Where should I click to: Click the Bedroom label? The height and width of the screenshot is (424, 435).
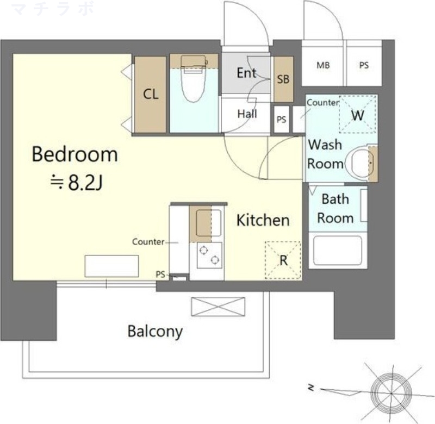pos(75,154)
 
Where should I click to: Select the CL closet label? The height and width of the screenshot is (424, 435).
pos(151,94)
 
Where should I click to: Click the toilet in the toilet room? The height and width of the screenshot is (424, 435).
pos(193,79)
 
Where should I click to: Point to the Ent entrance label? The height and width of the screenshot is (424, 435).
pos(246,73)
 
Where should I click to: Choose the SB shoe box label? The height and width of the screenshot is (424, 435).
pos(283,79)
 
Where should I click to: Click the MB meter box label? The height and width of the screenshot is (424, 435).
pos(323,65)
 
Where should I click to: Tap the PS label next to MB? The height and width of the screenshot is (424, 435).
pos(364,65)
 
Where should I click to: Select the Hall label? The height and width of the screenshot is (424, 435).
pos(247,114)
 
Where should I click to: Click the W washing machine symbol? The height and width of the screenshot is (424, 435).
pos(358,114)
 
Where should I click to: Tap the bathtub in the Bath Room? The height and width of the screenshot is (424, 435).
pos(338,251)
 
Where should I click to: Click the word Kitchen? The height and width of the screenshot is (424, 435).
pos(263,220)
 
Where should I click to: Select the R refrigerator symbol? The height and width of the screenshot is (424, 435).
pos(283,260)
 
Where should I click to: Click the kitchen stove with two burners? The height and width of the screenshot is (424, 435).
pos(209,255)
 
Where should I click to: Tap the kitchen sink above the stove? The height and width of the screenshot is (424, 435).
pos(209,223)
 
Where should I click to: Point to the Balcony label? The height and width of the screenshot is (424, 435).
pos(155,332)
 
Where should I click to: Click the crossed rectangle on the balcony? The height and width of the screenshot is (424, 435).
pos(218,307)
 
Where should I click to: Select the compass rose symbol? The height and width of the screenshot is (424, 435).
pos(391,393)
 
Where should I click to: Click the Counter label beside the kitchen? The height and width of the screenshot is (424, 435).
pos(148,242)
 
